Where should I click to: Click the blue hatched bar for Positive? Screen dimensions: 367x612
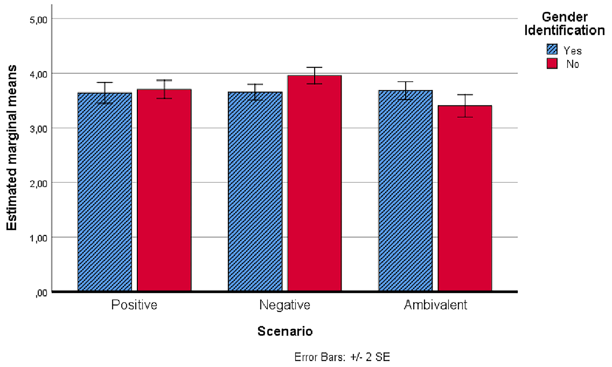(x=105, y=192)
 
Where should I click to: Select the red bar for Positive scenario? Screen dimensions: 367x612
(x=164, y=190)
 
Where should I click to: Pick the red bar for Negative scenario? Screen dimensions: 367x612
(x=314, y=183)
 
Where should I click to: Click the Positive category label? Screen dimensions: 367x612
(x=134, y=305)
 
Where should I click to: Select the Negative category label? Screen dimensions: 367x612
(x=285, y=305)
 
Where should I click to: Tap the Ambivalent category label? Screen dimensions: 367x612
(x=435, y=305)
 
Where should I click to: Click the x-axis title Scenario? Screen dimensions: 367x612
(x=285, y=331)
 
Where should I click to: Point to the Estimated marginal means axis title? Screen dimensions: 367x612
(x=12, y=148)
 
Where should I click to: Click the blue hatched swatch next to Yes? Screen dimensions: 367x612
(x=552, y=49)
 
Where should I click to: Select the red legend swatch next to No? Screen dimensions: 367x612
(x=552, y=64)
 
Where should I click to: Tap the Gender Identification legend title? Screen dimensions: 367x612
(x=564, y=23)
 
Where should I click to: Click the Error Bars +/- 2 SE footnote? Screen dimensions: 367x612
(x=342, y=357)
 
